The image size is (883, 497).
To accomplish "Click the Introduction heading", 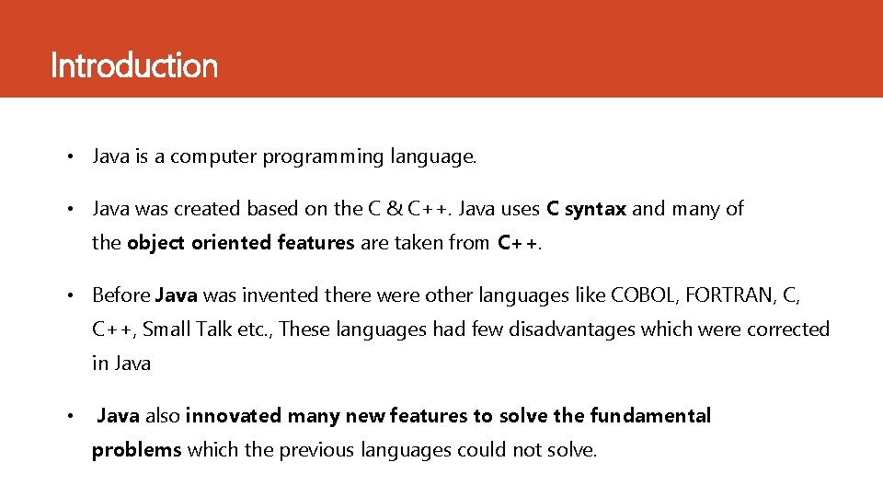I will tap(134, 66).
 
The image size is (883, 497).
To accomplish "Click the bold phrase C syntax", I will tap(586, 209).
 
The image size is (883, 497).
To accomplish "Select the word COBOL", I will tap(644, 295).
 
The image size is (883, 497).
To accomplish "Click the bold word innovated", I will tap(234, 416).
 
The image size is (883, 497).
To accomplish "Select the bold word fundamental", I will tap(650, 416).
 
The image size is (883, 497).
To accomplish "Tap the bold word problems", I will tap(137, 450).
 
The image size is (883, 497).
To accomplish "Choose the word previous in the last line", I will tap(317, 450).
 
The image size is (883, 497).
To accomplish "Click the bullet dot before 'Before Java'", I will tap(69, 295).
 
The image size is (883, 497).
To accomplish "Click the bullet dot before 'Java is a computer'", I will tap(69, 157).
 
